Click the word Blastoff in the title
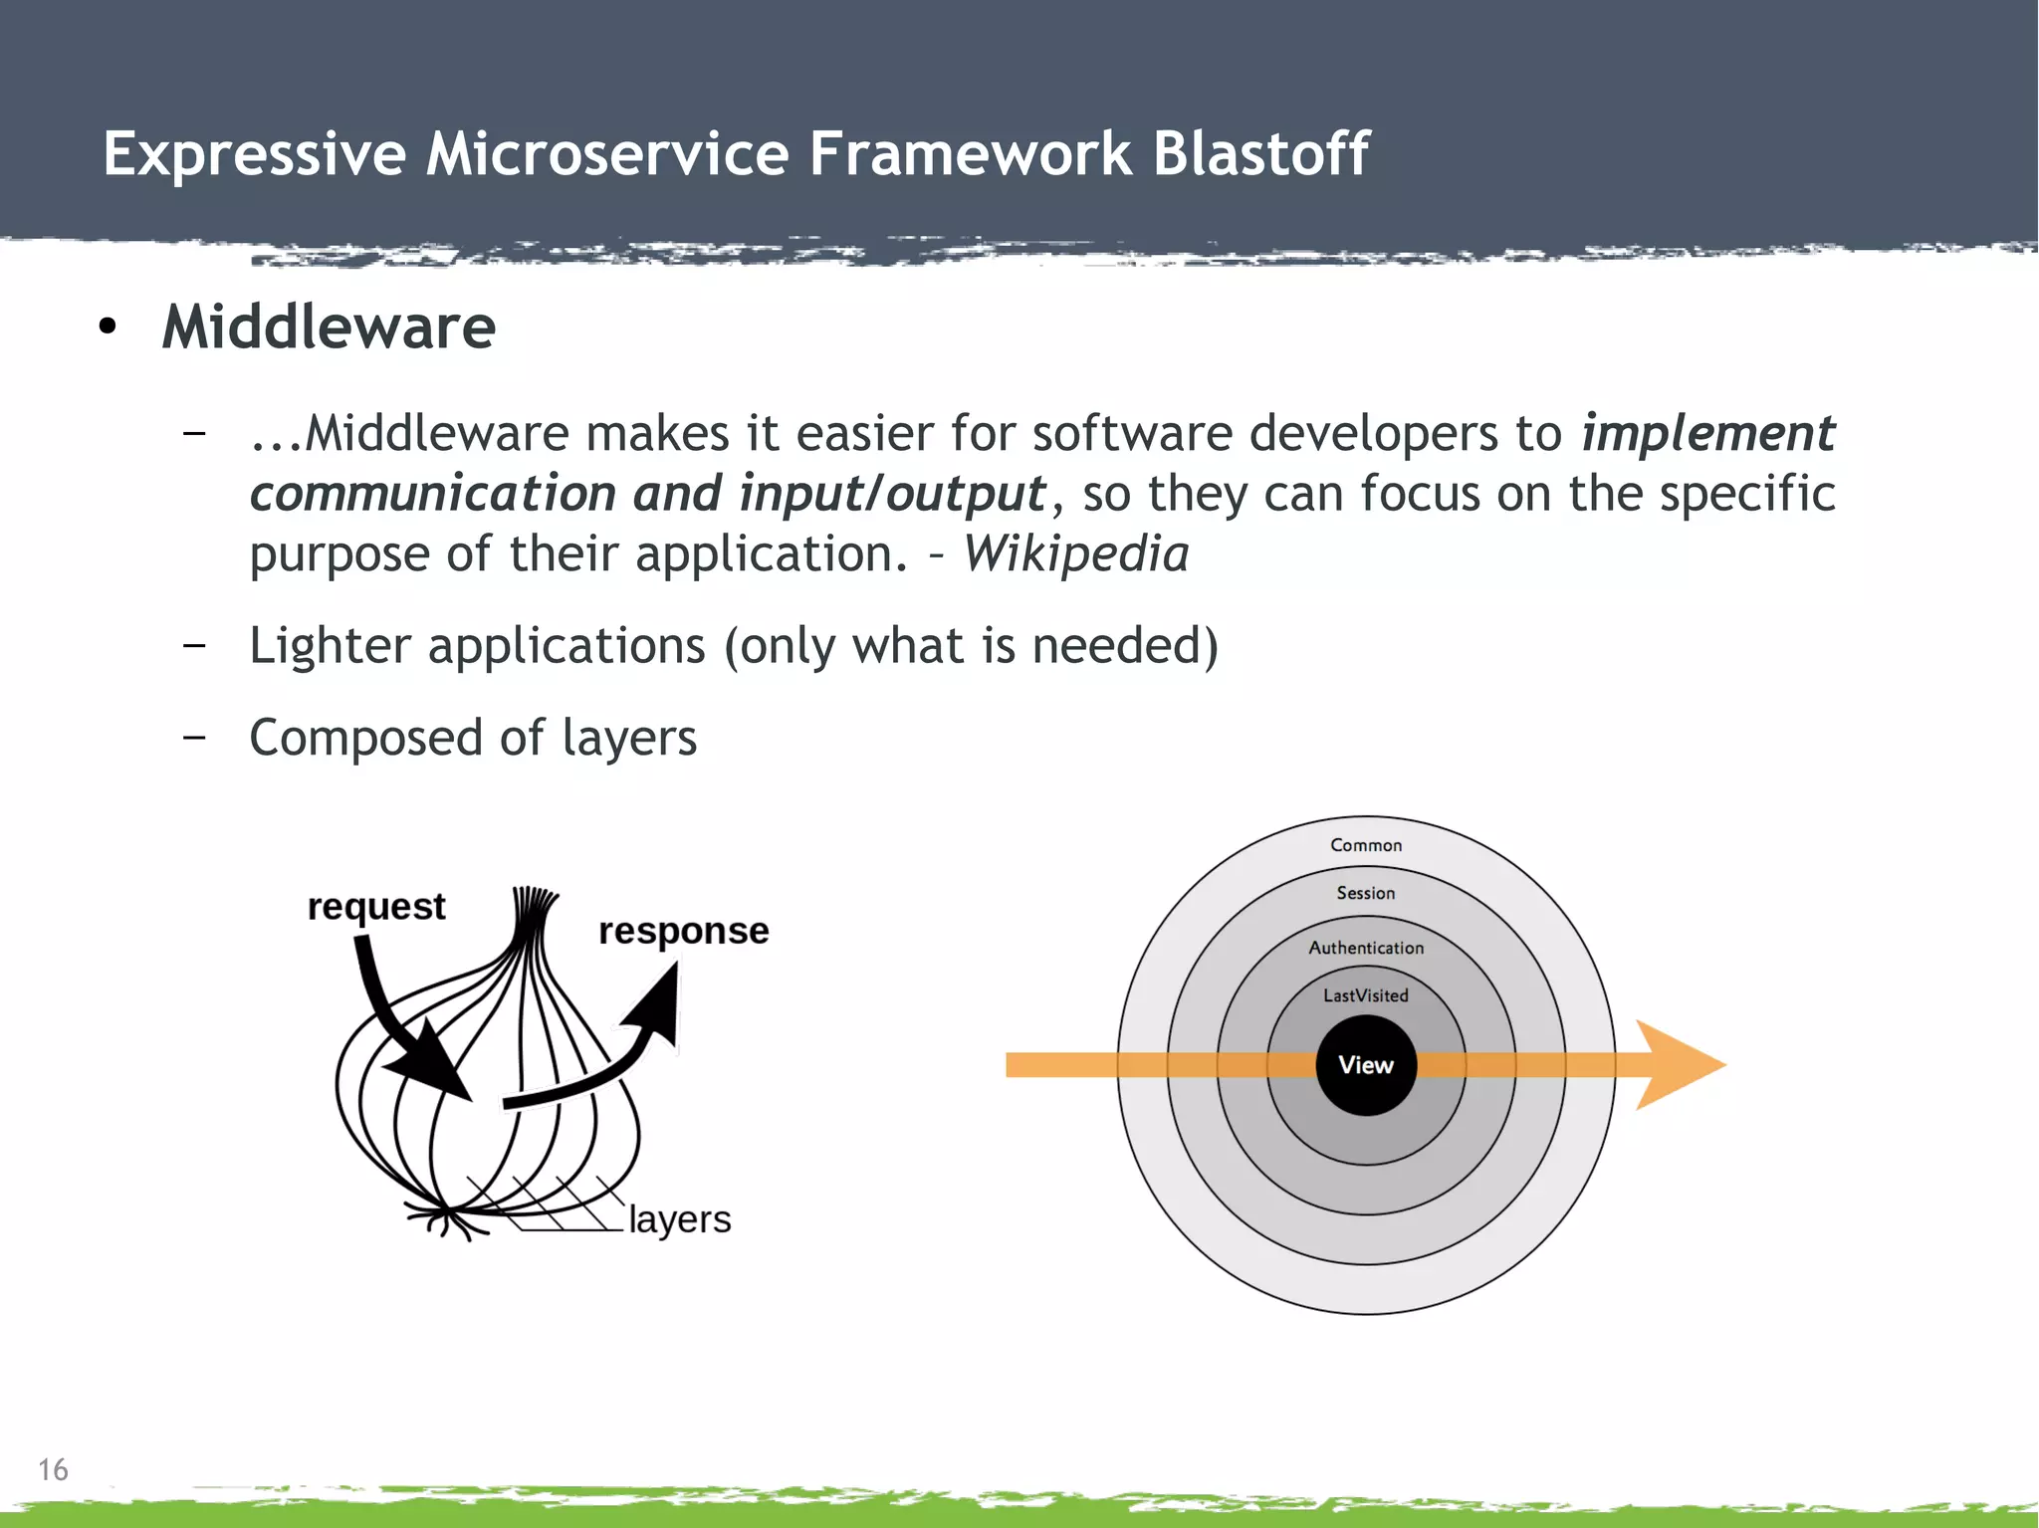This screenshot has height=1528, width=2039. tap(1260, 154)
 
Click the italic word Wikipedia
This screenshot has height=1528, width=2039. tap(1075, 553)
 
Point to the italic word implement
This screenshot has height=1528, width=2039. tap(1707, 433)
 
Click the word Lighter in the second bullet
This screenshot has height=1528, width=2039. tap(330, 646)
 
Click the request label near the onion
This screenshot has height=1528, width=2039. tap(375, 907)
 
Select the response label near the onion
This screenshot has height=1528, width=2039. tap(683, 931)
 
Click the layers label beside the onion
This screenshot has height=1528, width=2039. tap(679, 1218)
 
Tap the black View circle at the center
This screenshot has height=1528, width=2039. tap(1365, 1065)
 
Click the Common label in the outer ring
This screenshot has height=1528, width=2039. tap(1365, 845)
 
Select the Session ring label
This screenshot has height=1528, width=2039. tap(1365, 893)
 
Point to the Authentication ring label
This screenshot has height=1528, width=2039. tap(1365, 948)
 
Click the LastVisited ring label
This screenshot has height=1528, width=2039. tap(1365, 995)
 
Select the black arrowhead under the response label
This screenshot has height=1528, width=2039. tap(657, 1005)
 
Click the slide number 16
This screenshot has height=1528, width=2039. tap(53, 1469)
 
